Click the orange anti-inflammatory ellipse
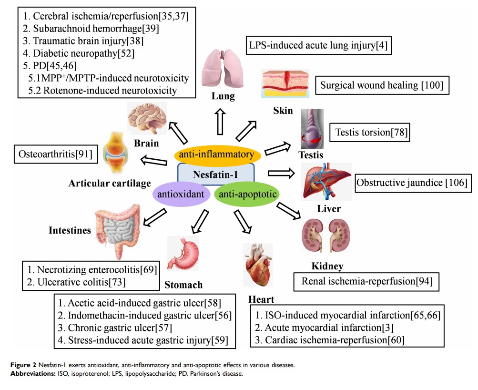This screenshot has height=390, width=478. [217, 154]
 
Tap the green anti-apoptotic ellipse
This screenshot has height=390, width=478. [247, 194]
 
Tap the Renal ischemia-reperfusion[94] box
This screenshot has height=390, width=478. [366, 281]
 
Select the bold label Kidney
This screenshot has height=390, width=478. [327, 266]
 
